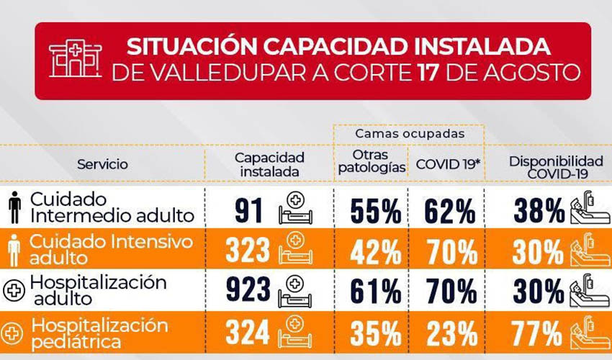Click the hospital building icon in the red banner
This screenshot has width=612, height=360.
click(76, 58)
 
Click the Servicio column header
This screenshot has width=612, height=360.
click(102, 164)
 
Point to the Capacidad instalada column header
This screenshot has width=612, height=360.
click(269, 164)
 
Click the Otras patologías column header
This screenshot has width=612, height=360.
click(372, 161)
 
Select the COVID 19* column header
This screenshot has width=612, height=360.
click(447, 164)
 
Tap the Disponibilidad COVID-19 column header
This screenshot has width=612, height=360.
click(556, 167)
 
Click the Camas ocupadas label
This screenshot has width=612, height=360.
click(410, 134)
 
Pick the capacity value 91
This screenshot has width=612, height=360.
click(248, 210)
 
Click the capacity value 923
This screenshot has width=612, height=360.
click(248, 289)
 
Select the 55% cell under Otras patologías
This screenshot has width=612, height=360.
click(376, 211)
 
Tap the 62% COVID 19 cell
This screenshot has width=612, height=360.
click(450, 211)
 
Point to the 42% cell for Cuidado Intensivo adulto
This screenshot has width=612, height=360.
click(375, 252)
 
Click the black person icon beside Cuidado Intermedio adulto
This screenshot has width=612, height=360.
click(15, 207)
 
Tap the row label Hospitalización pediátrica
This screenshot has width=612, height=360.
click(100, 334)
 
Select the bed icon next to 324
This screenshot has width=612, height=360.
click(294, 332)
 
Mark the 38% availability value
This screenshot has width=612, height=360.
click(539, 210)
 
